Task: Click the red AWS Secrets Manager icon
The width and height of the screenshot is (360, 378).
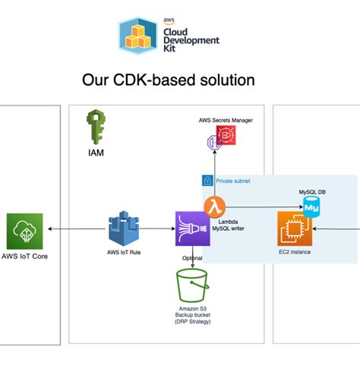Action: (226, 136)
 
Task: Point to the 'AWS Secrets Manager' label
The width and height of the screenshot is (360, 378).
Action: (226, 120)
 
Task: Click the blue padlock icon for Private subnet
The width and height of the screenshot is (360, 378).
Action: (206, 181)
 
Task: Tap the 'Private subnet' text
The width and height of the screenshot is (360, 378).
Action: (234, 181)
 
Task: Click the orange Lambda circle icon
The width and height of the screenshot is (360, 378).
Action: (214, 206)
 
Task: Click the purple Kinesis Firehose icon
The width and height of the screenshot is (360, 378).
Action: (191, 227)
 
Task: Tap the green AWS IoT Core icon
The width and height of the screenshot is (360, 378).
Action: (24, 229)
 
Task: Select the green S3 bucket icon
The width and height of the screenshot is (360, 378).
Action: (191, 285)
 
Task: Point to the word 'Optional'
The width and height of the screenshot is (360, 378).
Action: (191, 257)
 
